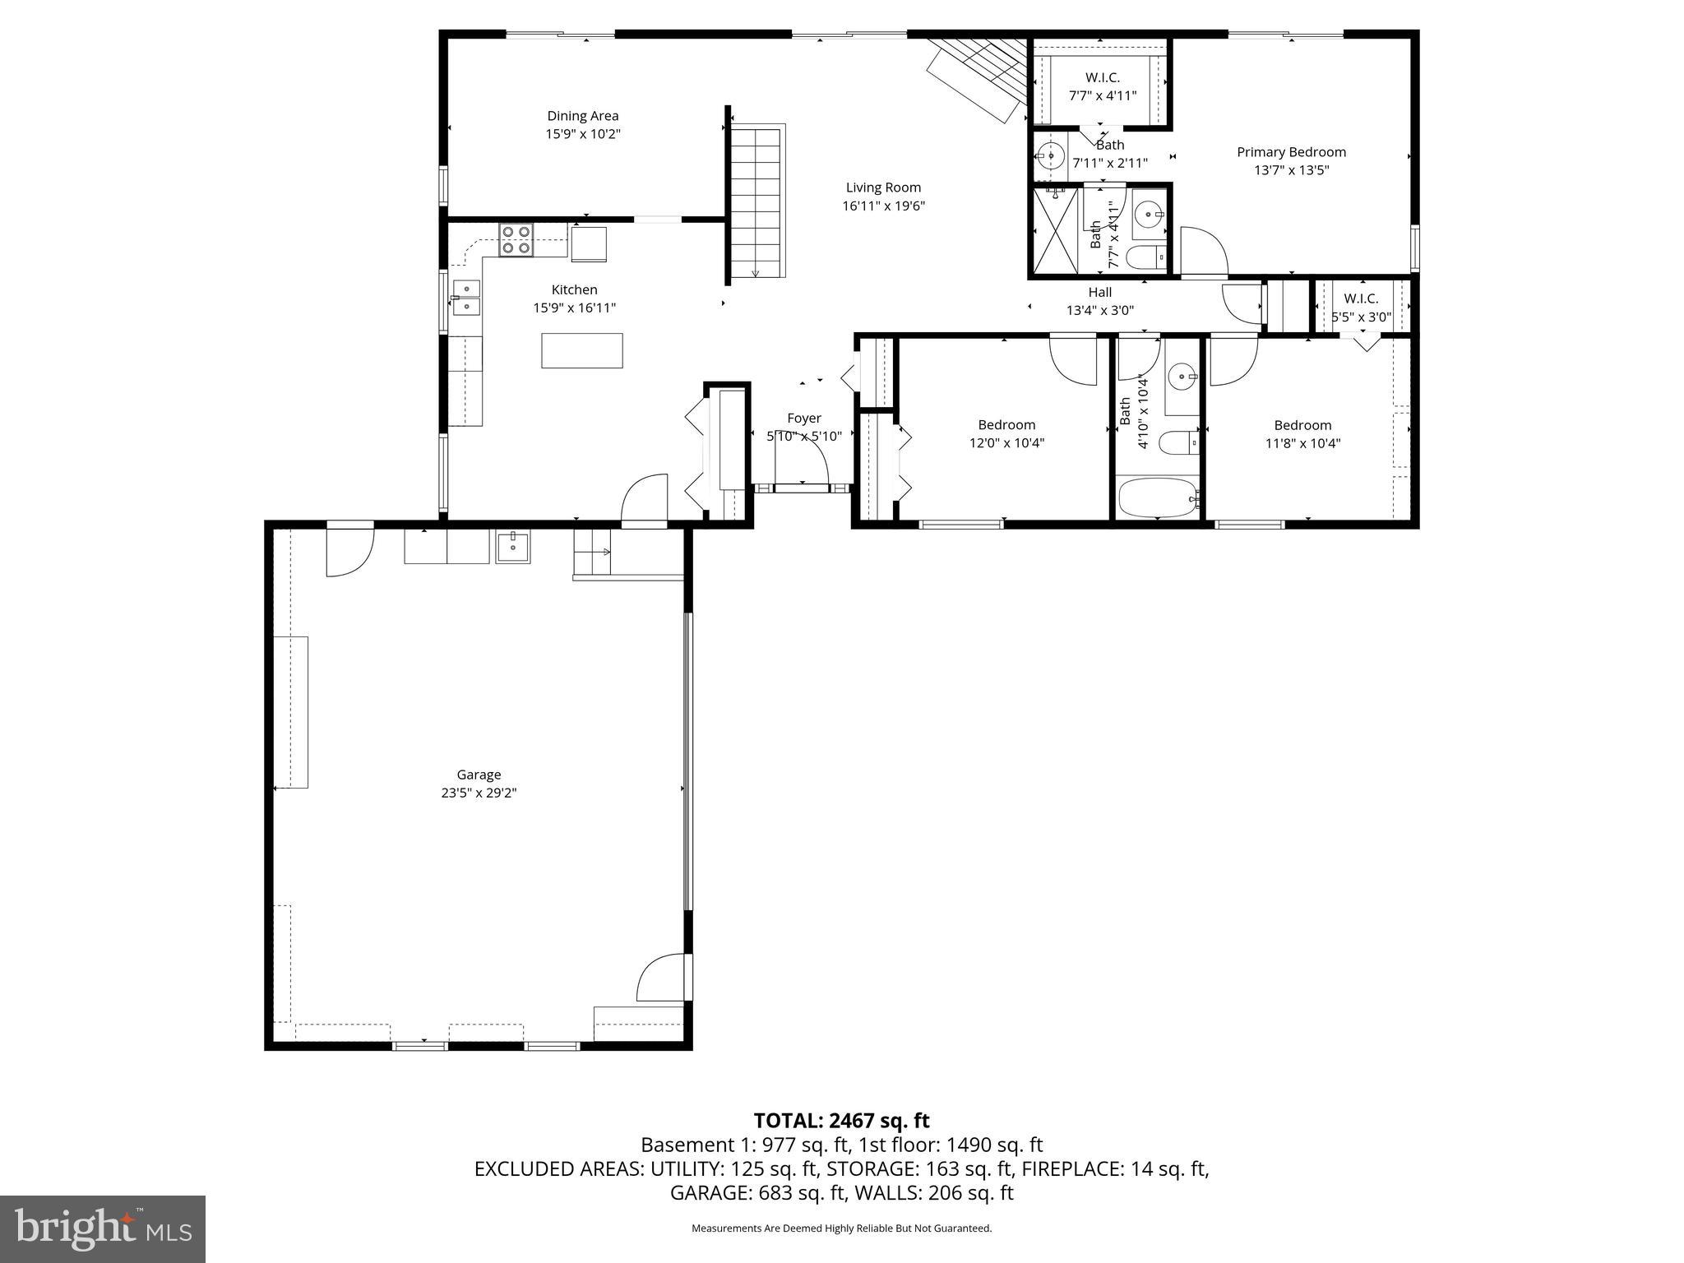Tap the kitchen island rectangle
point(581,350)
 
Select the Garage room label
point(479,775)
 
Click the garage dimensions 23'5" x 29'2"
point(479,793)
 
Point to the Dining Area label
point(582,116)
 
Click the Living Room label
point(883,187)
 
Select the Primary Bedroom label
point(1291,152)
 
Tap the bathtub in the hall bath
point(1158,497)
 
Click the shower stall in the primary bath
point(1054,230)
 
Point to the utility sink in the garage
point(513,546)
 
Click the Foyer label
point(803,419)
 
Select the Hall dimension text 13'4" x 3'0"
point(1099,311)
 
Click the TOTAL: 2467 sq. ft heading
point(841,1120)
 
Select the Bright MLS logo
point(103,1228)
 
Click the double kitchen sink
point(466,298)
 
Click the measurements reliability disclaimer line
point(841,1228)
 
